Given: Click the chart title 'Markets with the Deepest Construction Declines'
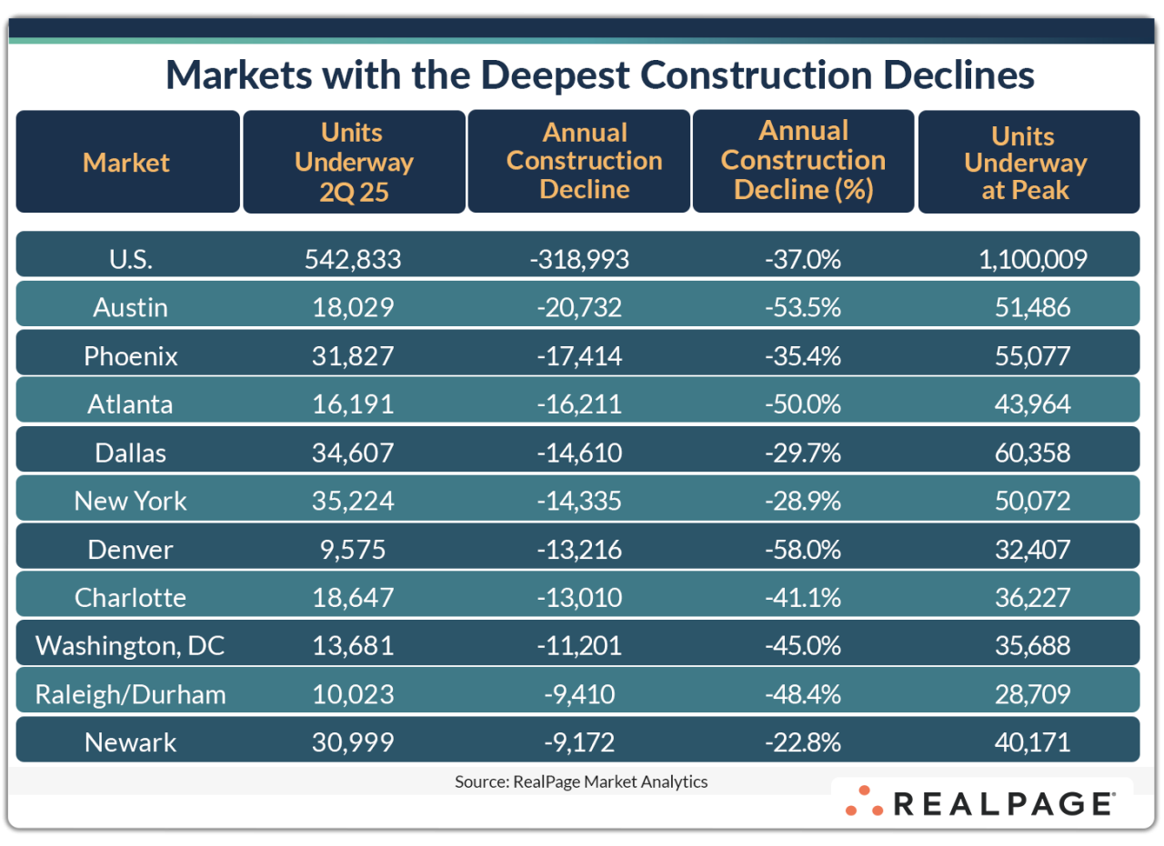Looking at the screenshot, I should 600,75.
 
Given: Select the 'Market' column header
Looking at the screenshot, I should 126,163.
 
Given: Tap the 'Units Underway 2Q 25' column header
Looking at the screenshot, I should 354,162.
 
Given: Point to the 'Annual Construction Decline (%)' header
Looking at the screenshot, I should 803,161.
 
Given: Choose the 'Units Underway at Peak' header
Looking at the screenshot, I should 1025,163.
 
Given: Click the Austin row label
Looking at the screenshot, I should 130,307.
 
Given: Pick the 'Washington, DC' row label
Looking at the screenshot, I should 130,646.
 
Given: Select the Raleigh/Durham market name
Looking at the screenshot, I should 130,695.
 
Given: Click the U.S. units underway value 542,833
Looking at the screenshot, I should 354,259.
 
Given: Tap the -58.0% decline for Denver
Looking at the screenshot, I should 802,550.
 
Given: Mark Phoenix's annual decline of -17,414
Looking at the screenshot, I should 578,355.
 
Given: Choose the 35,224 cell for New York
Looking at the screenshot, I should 354,501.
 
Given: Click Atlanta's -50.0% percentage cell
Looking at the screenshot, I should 802,404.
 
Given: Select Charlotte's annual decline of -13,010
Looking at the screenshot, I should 578,598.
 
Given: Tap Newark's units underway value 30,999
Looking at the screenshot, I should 354,742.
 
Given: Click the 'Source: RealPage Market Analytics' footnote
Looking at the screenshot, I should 581,781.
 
